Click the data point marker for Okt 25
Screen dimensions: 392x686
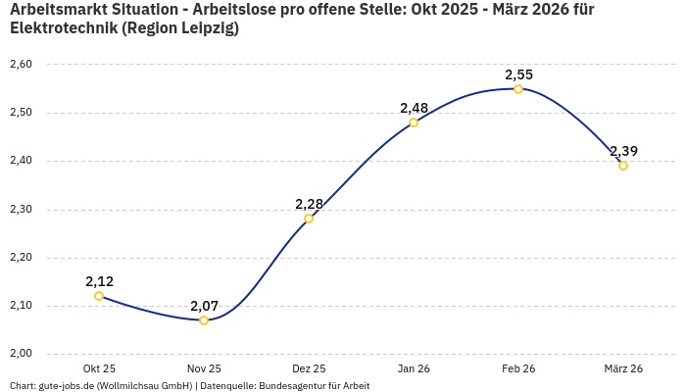(99, 296)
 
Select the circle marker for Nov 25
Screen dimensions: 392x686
(204, 320)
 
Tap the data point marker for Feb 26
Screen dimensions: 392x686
(518, 89)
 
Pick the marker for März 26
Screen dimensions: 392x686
(623, 166)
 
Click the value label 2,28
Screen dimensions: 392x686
(309, 204)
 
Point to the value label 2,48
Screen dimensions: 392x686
(414, 108)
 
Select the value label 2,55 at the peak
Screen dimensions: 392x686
(518, 74)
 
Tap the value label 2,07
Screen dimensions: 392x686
(204, 306)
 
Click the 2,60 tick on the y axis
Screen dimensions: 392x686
(21, 65)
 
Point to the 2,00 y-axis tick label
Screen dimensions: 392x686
(21, 354)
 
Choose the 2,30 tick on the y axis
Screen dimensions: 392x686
(21, 210)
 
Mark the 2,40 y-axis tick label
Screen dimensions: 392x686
(21, 161)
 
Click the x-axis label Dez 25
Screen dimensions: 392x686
(309, 368)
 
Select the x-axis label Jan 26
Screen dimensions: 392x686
(414, 368)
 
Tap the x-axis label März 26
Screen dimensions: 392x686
(623, 368)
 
